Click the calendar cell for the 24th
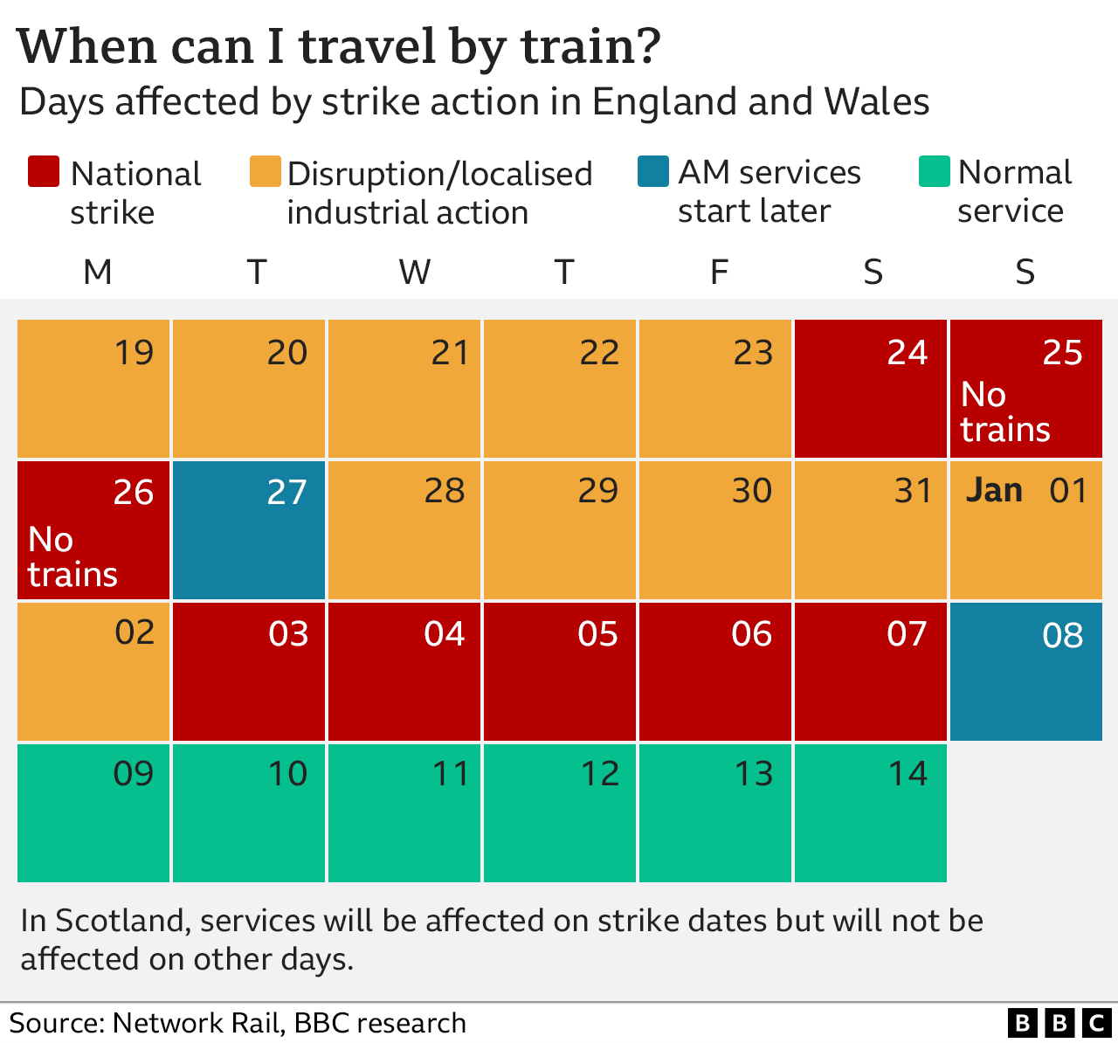pos(870,389)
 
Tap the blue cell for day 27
pos(249,530)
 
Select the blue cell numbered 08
pos(1025,672)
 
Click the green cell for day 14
pos(870,812)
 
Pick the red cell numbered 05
pos(559,672)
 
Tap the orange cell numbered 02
pos(93,672)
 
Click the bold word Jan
pos(994,491)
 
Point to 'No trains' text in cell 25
pos(1005,412)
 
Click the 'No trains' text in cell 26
pos(72,557)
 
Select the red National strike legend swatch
pos(44,172)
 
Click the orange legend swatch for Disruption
pos(265,172)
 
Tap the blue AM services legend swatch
pos(653,172)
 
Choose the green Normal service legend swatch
pos(934,172)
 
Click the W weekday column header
pos(414,273)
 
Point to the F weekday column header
pos(718,273)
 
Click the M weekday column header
pos(97,273)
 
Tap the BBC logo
pos(1059,1022)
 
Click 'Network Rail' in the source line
pos(196,1023)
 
